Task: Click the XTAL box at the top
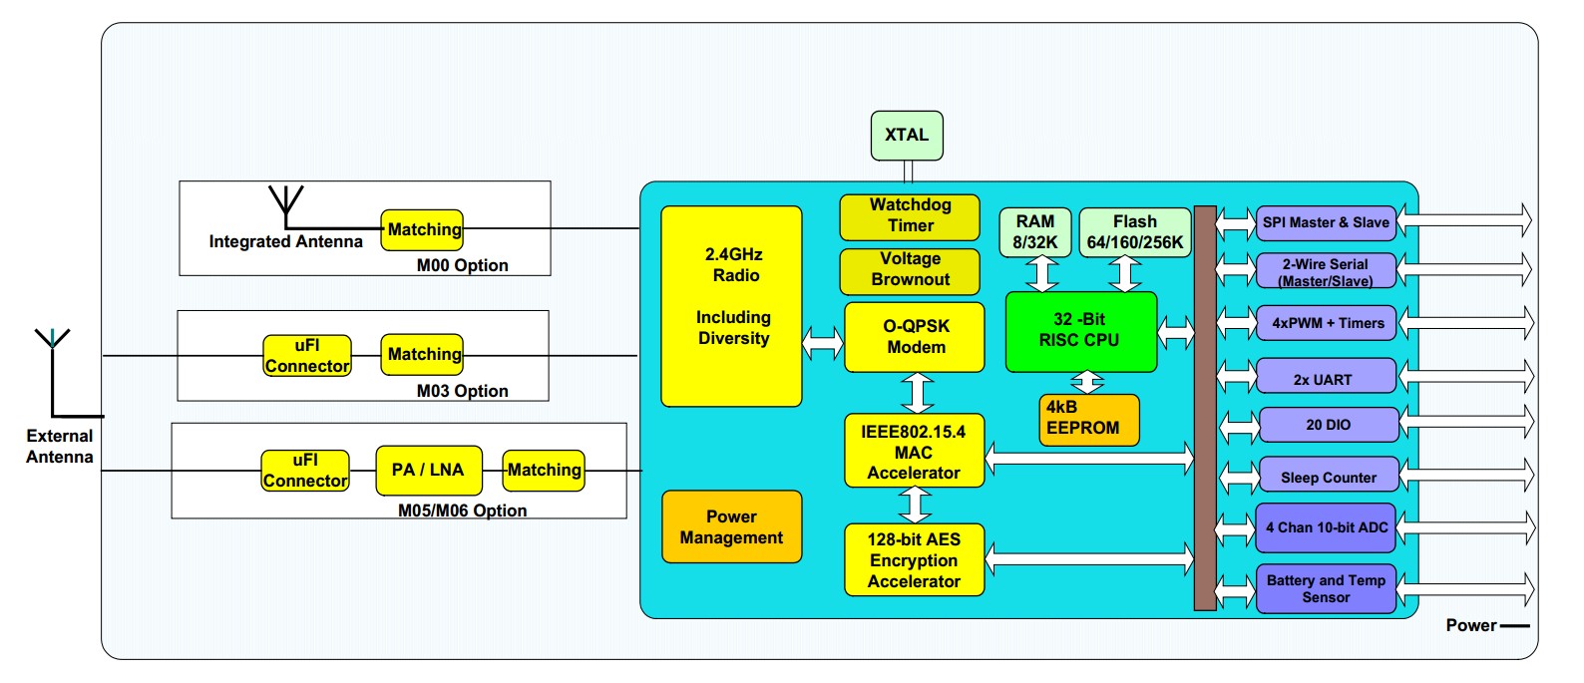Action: (906, 136)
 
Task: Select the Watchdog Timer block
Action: (910, 216)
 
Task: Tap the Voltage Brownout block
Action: (910, 270)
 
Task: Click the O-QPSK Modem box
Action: (915, 337)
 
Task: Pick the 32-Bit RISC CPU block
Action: (1080, 331)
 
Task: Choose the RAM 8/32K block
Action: (1034, 232)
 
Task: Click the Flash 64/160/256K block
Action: (1135, 232)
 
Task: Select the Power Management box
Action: (731, 526)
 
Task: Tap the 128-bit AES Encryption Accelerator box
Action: (914, 560)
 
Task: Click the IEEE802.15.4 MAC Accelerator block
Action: (914, 452)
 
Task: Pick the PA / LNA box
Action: (428, 470)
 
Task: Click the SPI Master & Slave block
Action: (1326, 222)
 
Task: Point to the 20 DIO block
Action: (1328, 425)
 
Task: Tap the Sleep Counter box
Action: (1328, 478)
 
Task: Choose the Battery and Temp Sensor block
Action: (1326, 588)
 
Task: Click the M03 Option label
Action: (462, 391)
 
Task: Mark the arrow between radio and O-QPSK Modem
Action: (823, 342)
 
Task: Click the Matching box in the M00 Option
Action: (423, 229)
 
